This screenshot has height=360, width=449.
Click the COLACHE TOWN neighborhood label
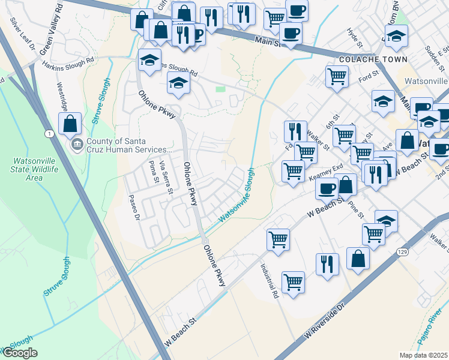(x=373, y=59)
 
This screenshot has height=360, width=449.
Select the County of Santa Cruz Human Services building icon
(x=77, y=145)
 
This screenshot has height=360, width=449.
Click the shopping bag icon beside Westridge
(x=70, y=124)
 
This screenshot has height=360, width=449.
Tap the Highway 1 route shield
(x=47, y=133)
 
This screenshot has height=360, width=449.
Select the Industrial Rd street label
(x=270, y=281)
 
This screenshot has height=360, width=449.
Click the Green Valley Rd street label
(x=50, y=29)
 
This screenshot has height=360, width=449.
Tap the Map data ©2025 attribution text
(x=423, y=355)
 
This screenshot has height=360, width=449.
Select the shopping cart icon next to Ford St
(x=337, y=76)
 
